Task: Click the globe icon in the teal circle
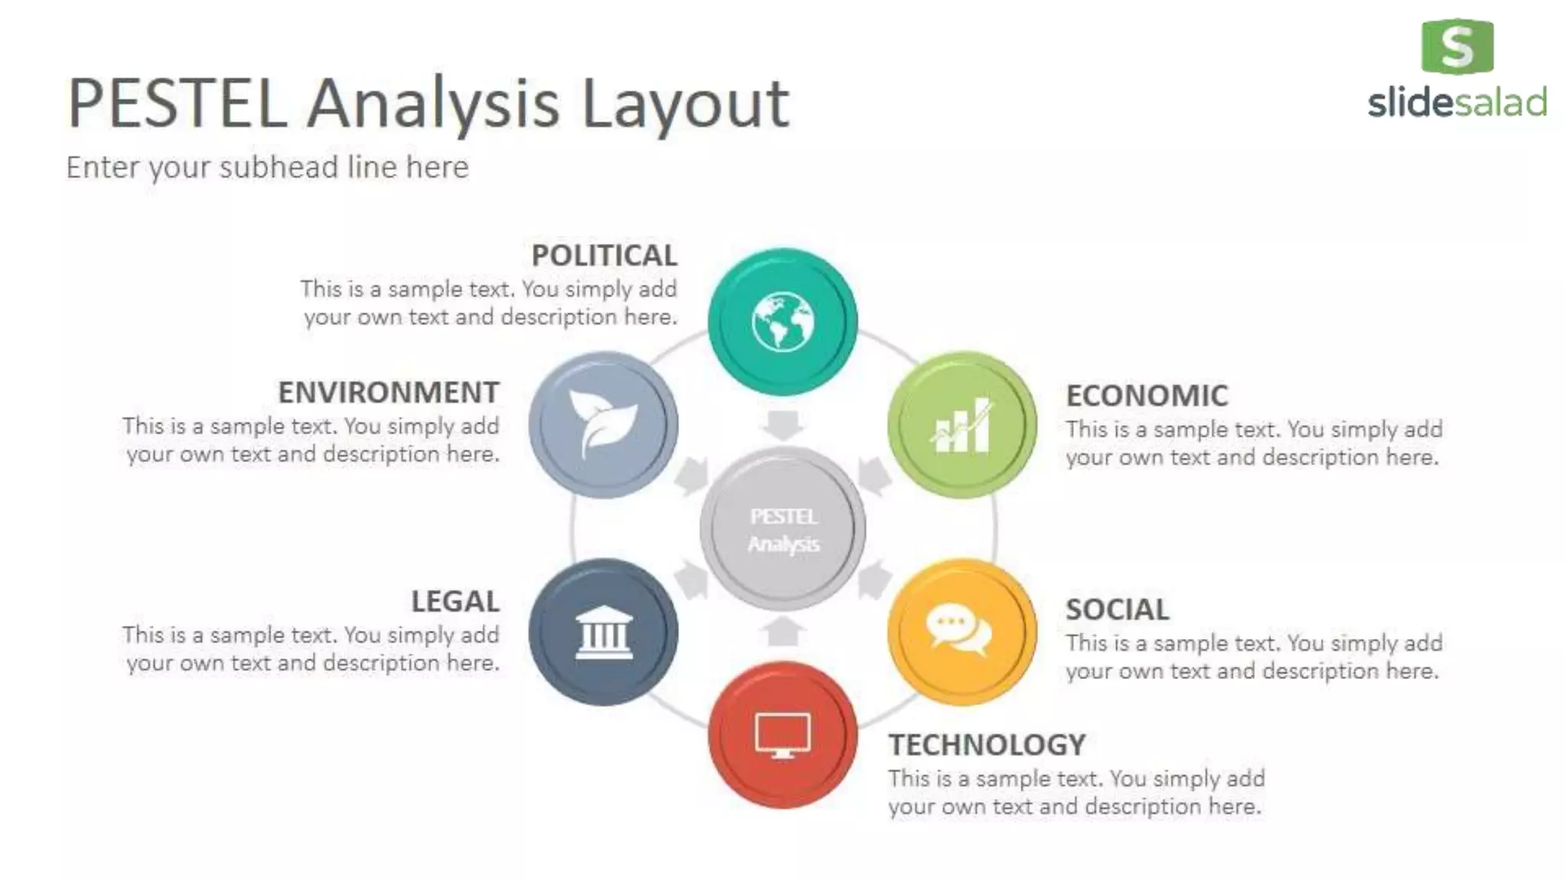[x=782, y=322]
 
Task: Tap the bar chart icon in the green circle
[x=962, y=426]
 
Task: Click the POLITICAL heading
[x=604, y=255]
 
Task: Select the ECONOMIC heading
[x=1147, y=395]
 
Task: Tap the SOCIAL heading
[x=1117, y=610]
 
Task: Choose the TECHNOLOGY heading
[x=986, y=745]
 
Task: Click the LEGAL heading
[x=455, y=601]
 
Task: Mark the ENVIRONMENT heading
[x=388, y=392]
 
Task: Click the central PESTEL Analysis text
[x=783, y=530]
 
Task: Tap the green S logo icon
[x=1457, y=47]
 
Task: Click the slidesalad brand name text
[x=1457, y=102]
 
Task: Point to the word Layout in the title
[x=684, y=105]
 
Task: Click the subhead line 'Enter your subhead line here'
[x=267, y=167]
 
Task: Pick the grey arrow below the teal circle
[x=782, y=424]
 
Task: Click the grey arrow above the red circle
[x=782, y=631]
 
